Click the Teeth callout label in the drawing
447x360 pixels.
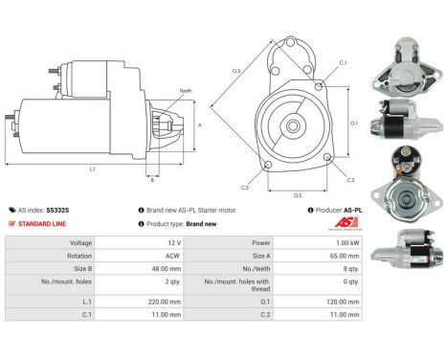[185, 90]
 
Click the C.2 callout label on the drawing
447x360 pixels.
[349, 180]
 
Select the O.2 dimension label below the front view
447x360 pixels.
[298, 194]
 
